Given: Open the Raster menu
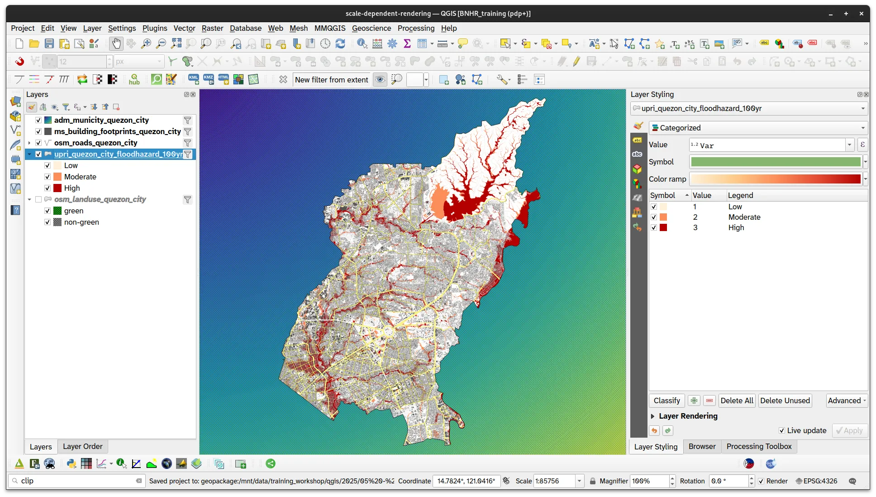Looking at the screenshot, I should pos(212,28).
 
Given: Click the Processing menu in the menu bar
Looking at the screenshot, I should pos(416,28).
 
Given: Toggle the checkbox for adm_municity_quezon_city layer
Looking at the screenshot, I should pos(38,120).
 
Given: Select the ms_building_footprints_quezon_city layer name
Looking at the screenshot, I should pos(117,131).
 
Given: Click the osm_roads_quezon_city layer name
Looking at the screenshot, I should pos(95,143).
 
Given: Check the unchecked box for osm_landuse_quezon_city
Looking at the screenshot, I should pos(38,199).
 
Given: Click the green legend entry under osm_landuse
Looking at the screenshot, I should pos(74,211).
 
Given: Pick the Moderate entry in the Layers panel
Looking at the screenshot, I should pos(80,177).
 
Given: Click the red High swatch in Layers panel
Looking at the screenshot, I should pos(57,188).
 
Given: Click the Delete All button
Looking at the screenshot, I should pos(737,400).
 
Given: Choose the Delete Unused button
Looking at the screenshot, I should pos(785,400).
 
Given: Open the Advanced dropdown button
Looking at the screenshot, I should pos(847,400).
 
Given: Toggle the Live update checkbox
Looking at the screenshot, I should pos(782,430).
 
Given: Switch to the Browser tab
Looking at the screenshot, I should pos(702,446).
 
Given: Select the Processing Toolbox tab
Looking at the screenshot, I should pos(759,446).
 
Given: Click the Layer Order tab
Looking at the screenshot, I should pos(82,446).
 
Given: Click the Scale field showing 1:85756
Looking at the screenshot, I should pos(554,481).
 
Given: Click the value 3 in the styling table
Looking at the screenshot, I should pos(695,227).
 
